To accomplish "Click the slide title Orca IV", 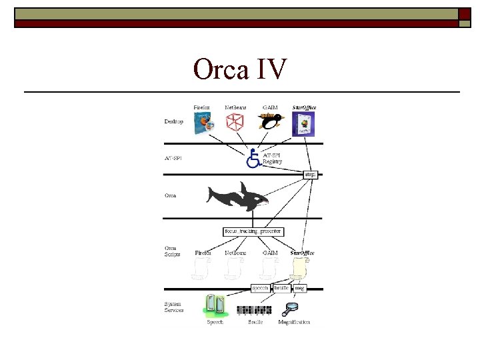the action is [240, 69].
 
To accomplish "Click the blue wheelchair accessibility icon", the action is [253, 159].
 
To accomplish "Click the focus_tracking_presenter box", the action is [253, 232].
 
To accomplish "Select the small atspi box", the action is [310, 175].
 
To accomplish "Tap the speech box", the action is [260, 288].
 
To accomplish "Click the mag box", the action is [300, 288].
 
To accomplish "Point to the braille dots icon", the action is [254, 310].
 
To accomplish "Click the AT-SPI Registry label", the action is [272, 158].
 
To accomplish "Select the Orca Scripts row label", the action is [173, 251].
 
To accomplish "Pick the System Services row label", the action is [174, 307].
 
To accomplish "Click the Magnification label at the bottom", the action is [294, 323].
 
